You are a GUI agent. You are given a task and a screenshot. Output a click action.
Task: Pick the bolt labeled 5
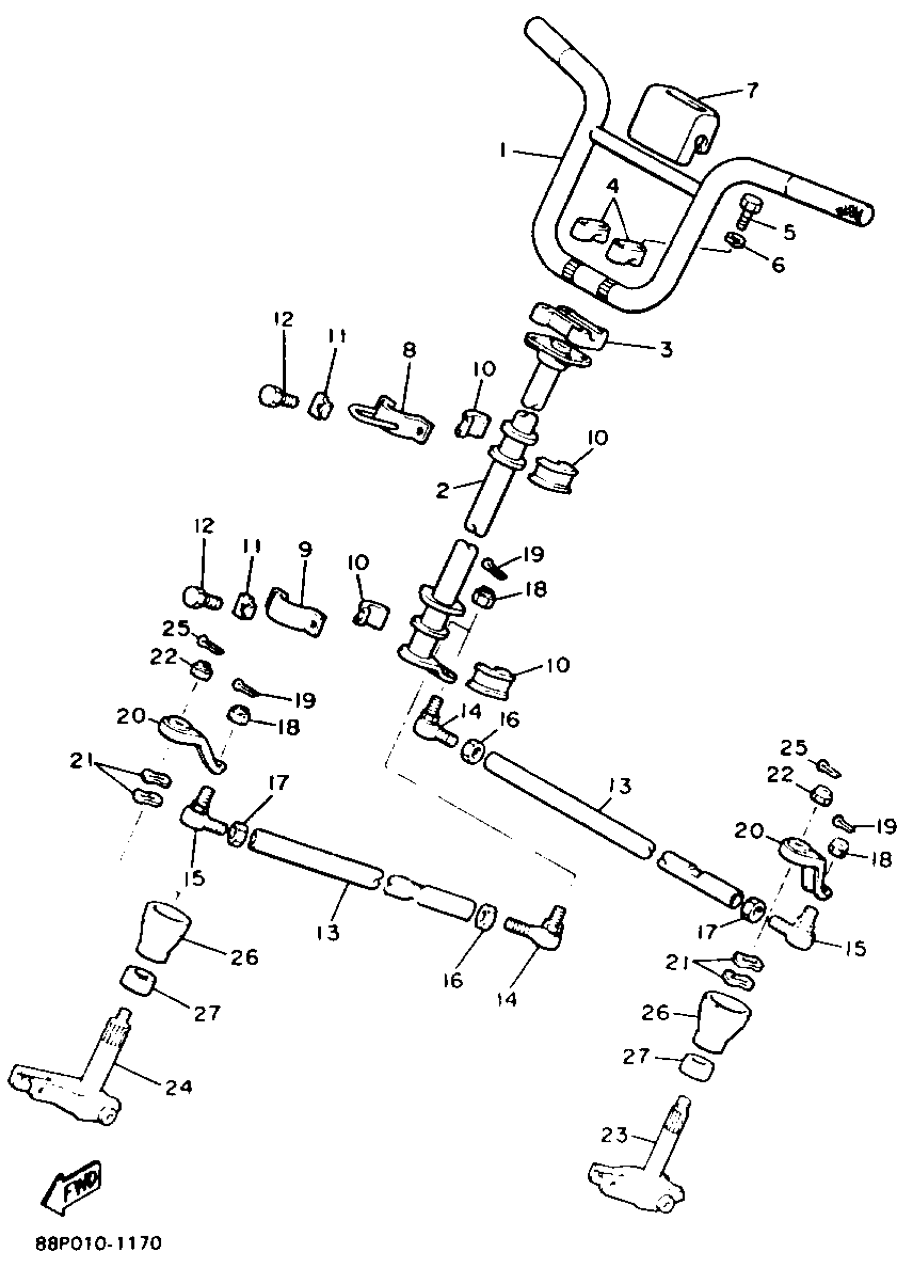748,212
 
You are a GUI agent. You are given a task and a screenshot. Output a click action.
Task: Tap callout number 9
305,550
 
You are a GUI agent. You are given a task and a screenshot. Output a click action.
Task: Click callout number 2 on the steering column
442,491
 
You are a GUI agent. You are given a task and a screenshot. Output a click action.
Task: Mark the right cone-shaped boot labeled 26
721,1018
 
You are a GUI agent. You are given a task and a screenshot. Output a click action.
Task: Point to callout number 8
408,349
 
